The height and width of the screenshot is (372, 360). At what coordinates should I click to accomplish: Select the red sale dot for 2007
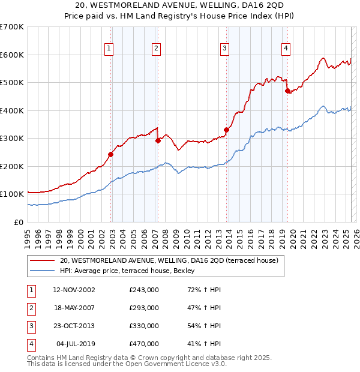click(158, 140)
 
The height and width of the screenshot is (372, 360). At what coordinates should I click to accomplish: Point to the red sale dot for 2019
click(287, 91)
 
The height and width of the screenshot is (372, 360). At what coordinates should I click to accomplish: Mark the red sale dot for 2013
click(226, 130)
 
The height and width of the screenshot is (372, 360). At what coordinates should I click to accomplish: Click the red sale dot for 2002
click(111, 154)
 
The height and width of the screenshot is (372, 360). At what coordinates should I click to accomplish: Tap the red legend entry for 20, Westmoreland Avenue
click(169, 261)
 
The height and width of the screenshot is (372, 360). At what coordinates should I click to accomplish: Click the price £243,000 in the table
click(144, 290)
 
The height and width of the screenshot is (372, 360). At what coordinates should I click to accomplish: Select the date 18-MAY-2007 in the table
click(74, 308)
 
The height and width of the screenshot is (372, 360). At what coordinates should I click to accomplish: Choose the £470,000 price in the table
click(144, 344)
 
